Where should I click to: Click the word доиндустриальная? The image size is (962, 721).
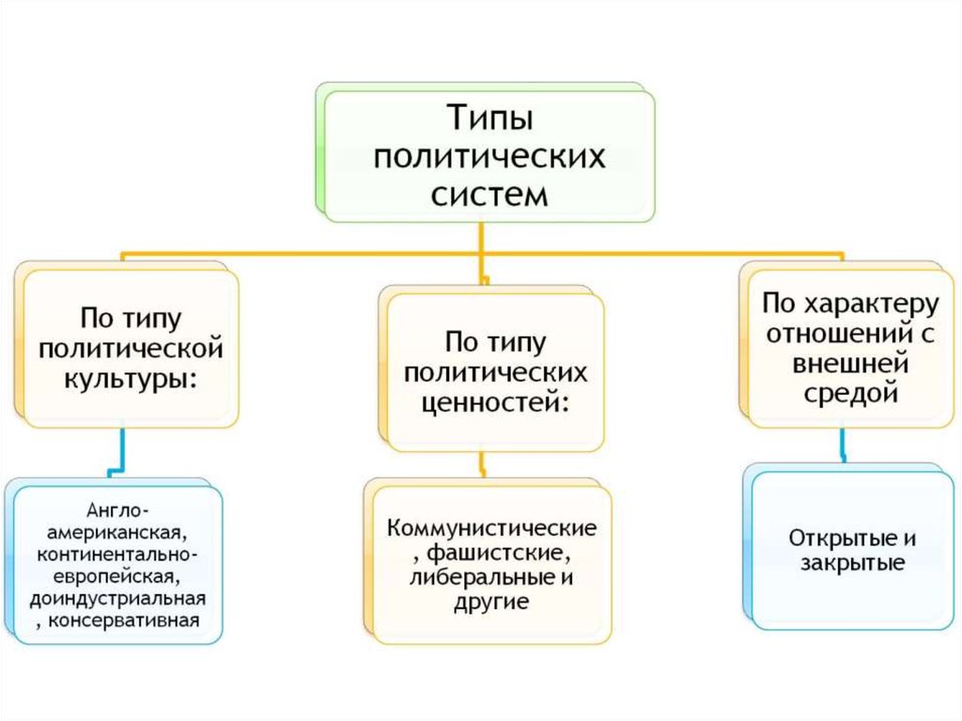click(x=117, y=599)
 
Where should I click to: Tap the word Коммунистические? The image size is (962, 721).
click(x=493, y=526)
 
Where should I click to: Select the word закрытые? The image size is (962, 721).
click(x=853, y=565)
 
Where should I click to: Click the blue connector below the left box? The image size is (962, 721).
click(x=118, y=452)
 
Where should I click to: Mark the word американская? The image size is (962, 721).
click(x=117, y=532)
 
